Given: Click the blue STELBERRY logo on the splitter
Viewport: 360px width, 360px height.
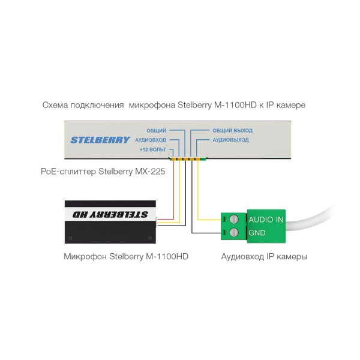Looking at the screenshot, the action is [x=100, y=140].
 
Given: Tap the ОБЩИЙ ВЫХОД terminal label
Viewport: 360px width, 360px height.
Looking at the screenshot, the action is [x=232, y=130].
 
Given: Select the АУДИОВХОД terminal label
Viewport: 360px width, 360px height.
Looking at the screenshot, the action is [x=151, y=140].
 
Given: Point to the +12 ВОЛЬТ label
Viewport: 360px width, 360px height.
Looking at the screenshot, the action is [x=152, y=149].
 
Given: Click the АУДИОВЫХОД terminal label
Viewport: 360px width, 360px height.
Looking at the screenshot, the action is [x=230, y=140].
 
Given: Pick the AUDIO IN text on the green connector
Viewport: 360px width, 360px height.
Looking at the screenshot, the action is [x=266, y=220].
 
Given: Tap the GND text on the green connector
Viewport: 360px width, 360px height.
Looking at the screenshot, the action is [x=257, y=233].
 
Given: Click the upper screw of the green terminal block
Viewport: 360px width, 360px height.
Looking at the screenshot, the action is [x=234, y=219].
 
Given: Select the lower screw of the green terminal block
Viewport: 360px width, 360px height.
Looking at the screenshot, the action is [x=234, y=232].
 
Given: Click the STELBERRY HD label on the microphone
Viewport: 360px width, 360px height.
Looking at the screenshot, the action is [x=110, y=214].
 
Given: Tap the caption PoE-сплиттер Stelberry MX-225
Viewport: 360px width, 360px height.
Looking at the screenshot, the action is [x=103, y=172].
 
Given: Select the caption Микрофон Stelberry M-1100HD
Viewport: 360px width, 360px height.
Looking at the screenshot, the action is [x=126, y=256].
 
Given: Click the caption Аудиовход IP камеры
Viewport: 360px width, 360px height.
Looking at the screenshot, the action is [x=264, y=256].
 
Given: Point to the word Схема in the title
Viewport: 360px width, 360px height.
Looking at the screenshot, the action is [x=55, y=105].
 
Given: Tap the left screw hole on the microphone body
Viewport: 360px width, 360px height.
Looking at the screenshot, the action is [x=70, y=238].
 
